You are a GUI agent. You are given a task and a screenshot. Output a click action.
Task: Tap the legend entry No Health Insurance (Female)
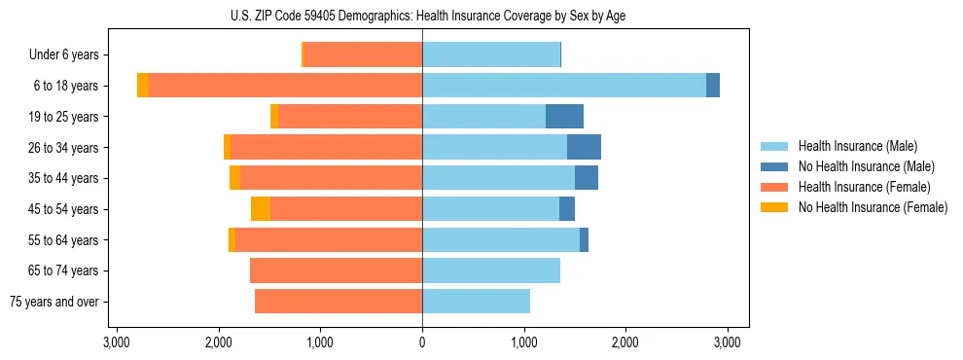pyautogui.click(x=873, y=207)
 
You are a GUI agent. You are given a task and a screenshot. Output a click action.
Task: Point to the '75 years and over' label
pyautogui.click(x=54, y=302)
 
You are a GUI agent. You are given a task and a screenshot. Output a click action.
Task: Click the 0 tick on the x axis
pyautogui.click(x=422, y=342)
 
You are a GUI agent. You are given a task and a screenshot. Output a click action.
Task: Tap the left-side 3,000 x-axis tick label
pyautogui.click(x=117, y=342)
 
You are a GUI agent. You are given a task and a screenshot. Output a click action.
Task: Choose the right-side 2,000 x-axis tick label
pyautogui.click(x=625, y=342)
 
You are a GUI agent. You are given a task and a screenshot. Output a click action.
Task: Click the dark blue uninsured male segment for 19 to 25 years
pyautogui.click(x=564, y=117)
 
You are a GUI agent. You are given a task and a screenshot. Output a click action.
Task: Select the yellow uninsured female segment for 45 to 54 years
pyautogui.click(x=261, y=209)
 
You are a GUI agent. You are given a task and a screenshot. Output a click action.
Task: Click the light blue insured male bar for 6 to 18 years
pyautogui.click(x=564, y=86)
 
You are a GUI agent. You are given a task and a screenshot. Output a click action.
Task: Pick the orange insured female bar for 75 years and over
pyautogui.click(x=339, y=302)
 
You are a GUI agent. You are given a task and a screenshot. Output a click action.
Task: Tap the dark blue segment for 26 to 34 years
pyautogui.click(x=584, y=148)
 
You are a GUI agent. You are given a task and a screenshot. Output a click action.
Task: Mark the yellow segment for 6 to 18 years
pyautogui.click(x=143, y=86)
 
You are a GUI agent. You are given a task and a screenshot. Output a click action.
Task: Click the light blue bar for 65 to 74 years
pyautogui.click(x=491, y=270)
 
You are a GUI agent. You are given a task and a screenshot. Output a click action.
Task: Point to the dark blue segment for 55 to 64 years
pyautogui.click(x=584, y=240)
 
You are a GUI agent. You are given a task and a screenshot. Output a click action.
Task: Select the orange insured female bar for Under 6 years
pyautogui.click(x=364, y=55)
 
